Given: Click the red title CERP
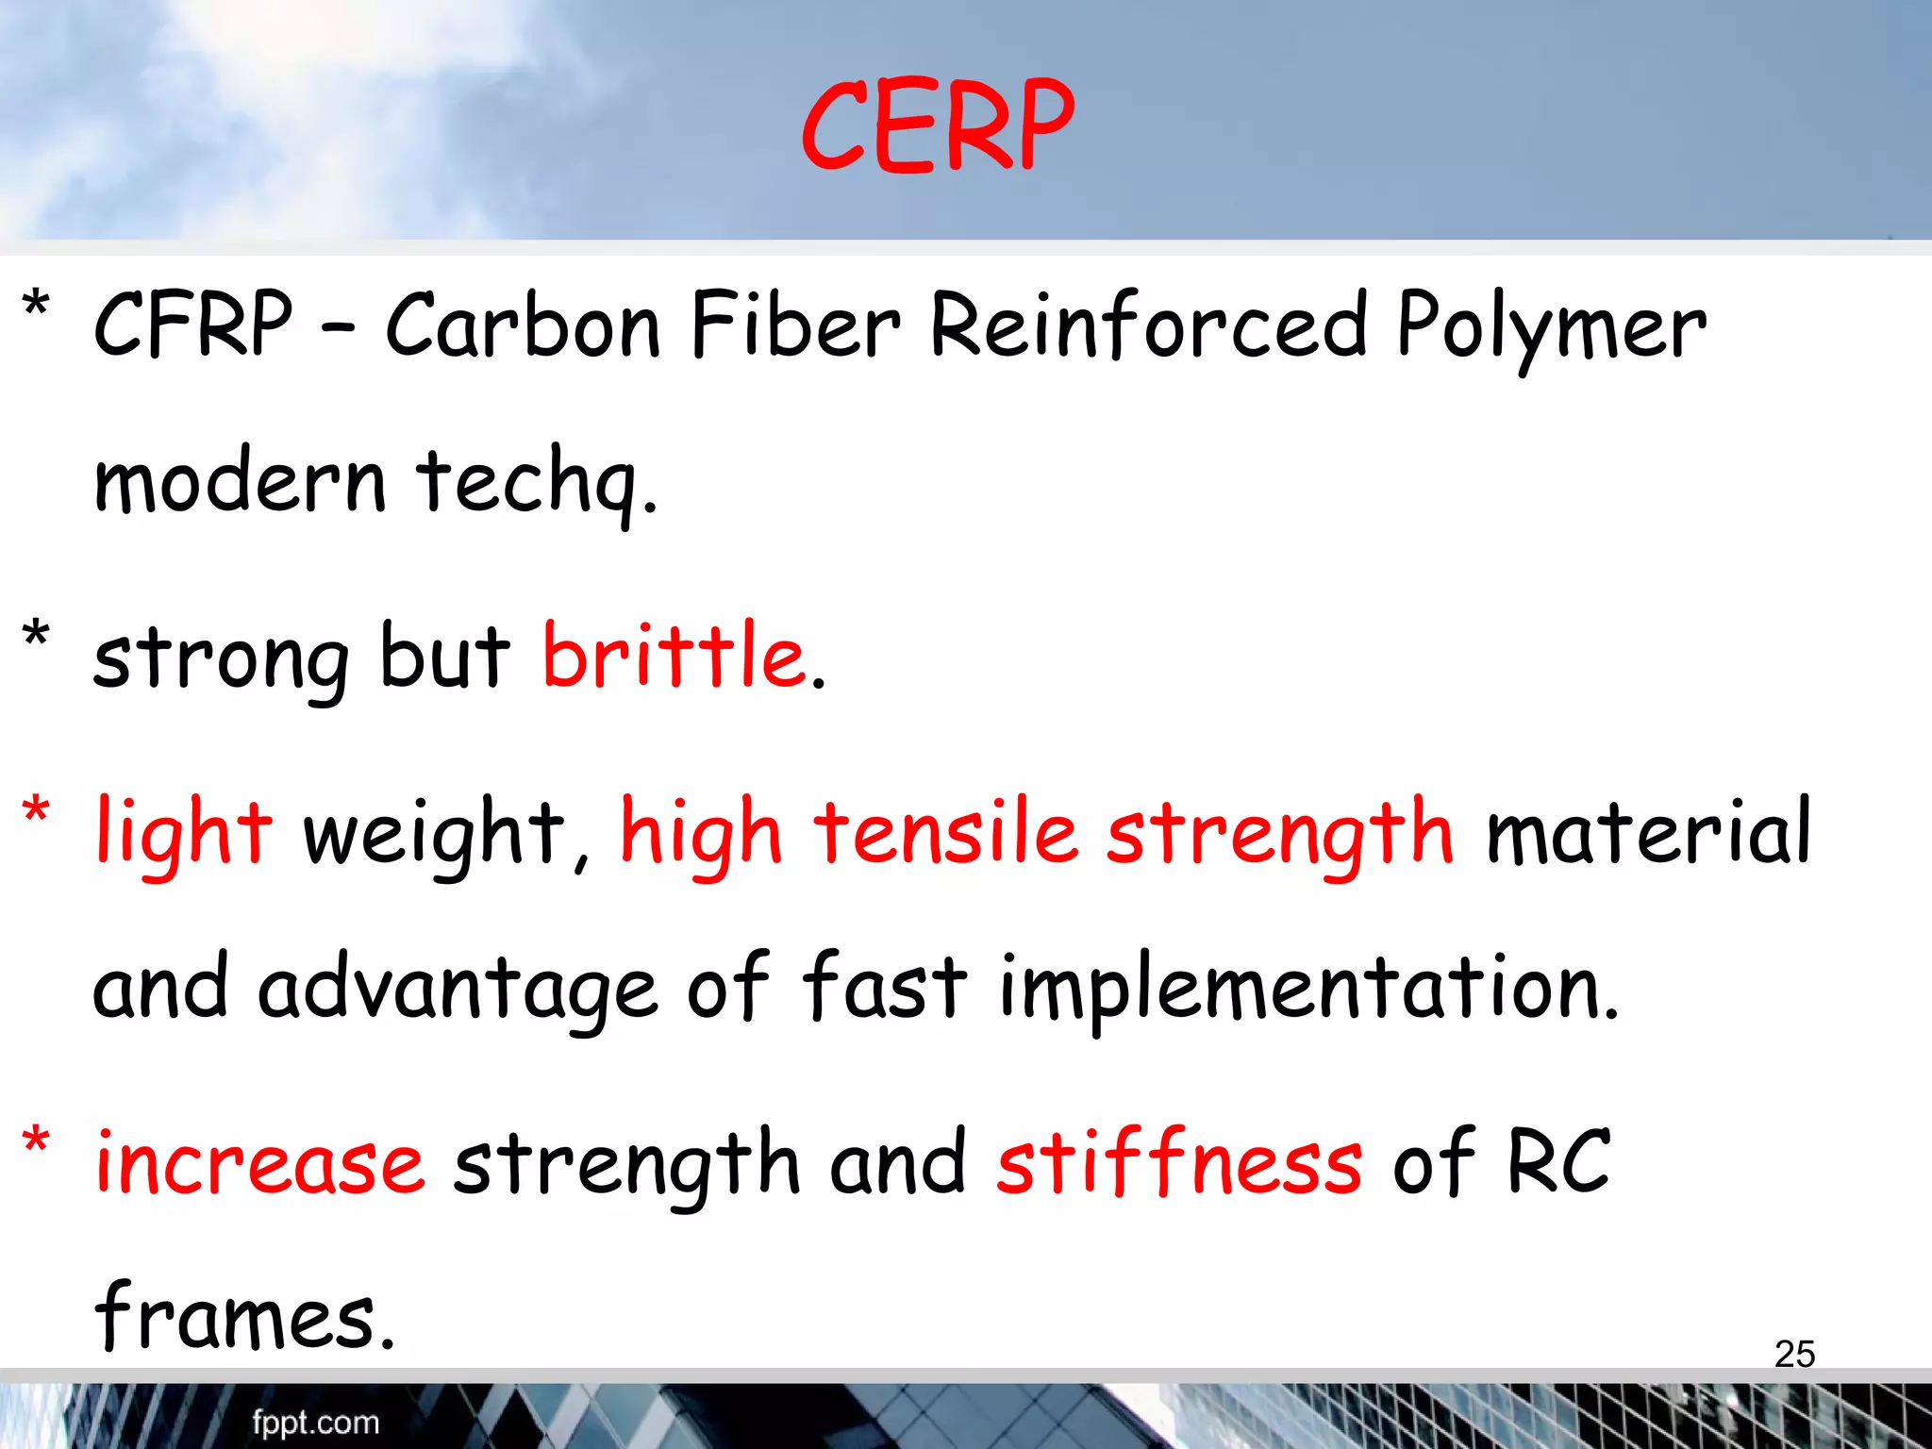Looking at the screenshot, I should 938,126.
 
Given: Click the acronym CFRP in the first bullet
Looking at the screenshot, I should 193,325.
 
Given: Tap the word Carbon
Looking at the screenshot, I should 523,325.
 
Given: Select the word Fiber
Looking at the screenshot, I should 795,325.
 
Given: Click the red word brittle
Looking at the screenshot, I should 674,655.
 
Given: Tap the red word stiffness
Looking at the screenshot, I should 1179,1160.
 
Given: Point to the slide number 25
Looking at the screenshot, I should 1794,1354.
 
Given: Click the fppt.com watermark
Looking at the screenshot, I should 315,1422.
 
